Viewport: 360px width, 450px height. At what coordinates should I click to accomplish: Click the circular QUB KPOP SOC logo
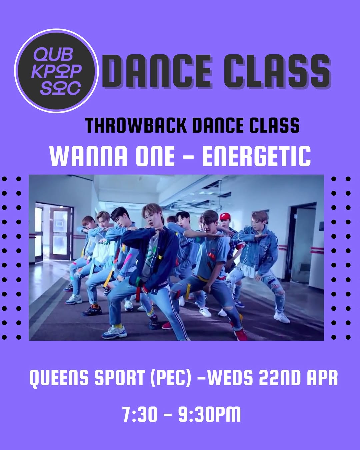[x=56, y=71]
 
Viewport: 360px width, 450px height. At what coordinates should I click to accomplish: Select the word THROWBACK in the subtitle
[x=136, y=125]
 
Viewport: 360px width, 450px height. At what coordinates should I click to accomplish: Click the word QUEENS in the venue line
[x=60, y=378]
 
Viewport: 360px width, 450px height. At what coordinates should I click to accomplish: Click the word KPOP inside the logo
[x=56, y=72]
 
